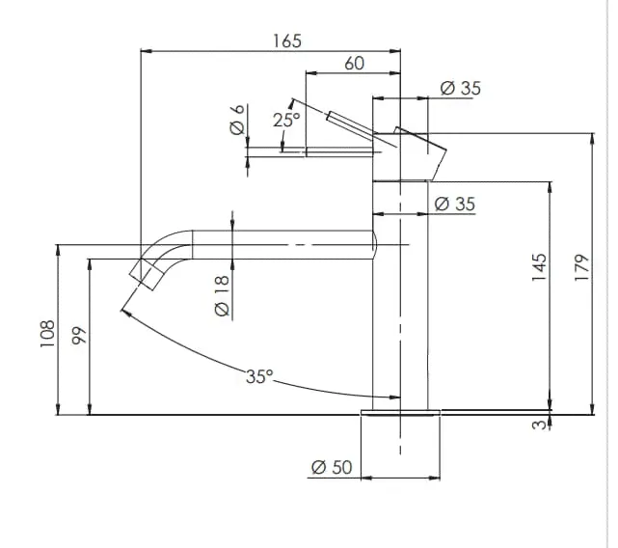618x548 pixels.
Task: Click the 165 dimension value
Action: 287,41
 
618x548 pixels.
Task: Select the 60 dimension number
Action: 355,64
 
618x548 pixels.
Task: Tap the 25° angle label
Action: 286,120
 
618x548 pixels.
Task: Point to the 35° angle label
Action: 259,376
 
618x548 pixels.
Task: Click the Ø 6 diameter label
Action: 238,120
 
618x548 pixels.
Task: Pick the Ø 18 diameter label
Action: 222,296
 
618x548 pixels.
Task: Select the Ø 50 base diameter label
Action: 332,467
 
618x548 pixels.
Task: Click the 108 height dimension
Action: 47,334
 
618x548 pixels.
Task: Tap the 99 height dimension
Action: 79,336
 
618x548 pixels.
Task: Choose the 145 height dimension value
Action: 540,267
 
